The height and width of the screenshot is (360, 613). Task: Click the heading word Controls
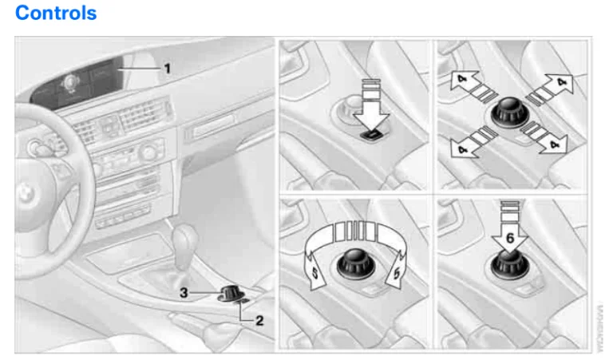tap(56, 13)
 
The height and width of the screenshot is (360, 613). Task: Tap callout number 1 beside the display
tap(168, 68)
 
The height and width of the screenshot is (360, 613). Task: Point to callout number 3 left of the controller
tap(184, 293)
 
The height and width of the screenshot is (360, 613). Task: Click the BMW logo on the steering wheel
tap(22, 191)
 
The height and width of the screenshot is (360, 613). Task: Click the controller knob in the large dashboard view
tap(231, 291)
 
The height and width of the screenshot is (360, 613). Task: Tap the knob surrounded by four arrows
tap(509, 112)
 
